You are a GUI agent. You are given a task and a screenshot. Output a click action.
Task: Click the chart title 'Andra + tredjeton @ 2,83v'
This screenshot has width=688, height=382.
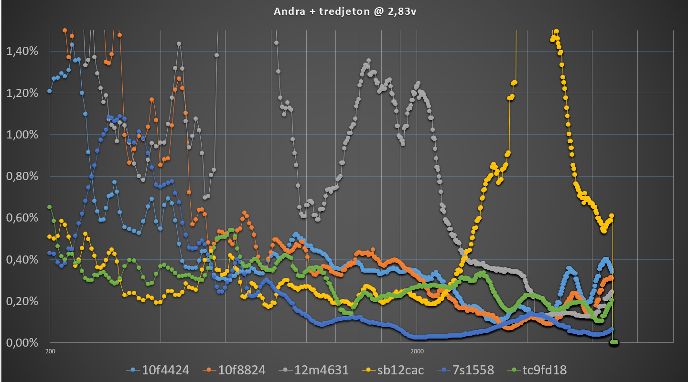[x=344, y=12]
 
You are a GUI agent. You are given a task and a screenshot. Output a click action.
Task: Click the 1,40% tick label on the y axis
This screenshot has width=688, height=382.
[x=21, y=51]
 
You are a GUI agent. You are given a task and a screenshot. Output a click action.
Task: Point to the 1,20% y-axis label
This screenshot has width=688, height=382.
[x=21, y=93]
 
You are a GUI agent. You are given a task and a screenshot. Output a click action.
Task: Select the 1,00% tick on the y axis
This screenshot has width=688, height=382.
[x=21, y=135]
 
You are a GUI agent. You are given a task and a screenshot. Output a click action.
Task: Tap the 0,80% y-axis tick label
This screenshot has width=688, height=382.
[x=21, y=176]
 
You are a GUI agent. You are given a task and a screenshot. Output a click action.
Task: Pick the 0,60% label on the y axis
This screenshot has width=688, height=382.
[x=21, y=218]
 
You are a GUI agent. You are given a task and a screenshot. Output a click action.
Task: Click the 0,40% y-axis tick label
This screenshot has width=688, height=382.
[x=21, y=260]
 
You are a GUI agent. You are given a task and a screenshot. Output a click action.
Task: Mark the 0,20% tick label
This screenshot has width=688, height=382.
[x=21, y=301]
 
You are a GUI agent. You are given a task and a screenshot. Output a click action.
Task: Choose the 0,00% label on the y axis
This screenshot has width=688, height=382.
[x=21, y=343]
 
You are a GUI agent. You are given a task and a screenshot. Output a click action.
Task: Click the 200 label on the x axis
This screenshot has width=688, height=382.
[x=49, y=351]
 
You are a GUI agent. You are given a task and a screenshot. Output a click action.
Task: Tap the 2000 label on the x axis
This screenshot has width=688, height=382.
[x=417, y=351]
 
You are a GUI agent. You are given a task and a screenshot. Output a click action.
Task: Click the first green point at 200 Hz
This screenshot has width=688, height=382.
[x=49, y=207]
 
